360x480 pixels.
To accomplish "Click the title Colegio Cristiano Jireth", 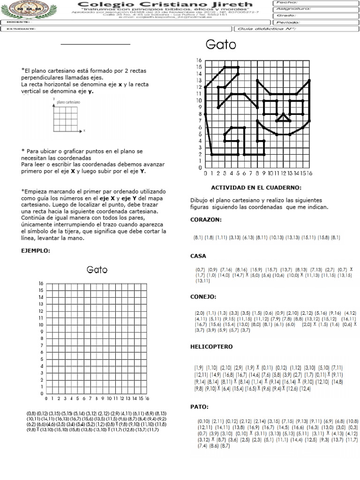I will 160,4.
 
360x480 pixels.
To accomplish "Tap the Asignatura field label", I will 292,8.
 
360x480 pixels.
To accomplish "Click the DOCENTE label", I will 17,22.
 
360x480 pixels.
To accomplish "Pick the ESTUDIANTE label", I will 21,29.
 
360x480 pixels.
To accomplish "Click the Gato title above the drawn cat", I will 221,45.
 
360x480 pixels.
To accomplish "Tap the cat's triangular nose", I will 283,118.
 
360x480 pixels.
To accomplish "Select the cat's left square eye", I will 270,107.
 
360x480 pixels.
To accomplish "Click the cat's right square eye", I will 296,107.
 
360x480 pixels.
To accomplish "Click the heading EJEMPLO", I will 35,251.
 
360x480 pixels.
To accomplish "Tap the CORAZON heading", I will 206,219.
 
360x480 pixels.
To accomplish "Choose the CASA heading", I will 198,256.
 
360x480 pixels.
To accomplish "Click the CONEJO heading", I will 203,297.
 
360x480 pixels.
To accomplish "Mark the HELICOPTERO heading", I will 211,346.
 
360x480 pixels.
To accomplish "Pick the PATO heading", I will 199,406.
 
